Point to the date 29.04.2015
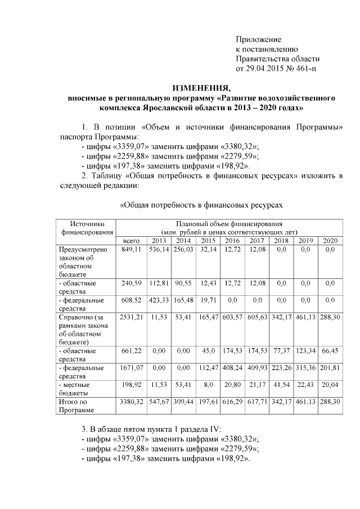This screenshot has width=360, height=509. tap(263, 68)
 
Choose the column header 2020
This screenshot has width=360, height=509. tap(330, 241)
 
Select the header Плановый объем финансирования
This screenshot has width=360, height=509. tap(228, 224)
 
